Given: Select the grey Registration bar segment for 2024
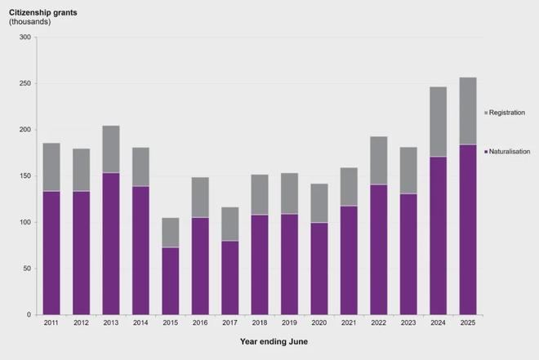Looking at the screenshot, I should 439,122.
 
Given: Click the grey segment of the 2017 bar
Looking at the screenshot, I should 230,224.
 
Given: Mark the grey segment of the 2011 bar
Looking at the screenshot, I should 51,167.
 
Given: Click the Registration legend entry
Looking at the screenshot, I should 506,111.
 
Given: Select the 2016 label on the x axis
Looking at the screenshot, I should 200,323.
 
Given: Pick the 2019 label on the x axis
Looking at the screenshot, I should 290,323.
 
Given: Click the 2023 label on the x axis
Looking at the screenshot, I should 408,323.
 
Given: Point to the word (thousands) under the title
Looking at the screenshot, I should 29,21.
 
